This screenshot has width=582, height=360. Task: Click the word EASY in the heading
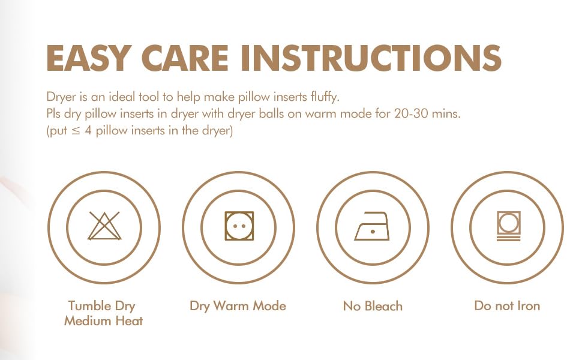[88, 58]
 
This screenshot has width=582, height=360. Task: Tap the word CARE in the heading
[185, 58]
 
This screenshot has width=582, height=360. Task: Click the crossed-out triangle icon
[104, 226]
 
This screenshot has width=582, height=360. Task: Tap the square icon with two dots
[239, 226]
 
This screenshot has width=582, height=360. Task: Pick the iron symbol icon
[372, 226]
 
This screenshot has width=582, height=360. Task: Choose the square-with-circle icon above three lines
[508, 226]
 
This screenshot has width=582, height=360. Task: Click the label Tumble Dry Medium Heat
[103, 313]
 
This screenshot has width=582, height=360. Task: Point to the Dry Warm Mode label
[238, 306]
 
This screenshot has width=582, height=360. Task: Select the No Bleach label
[373, 306]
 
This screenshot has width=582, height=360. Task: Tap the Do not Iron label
[507, 306]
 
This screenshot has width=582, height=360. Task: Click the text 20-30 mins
[427, 113]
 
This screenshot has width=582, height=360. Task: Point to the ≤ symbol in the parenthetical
[76, 131]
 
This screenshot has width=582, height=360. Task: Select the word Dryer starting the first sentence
[61, 97]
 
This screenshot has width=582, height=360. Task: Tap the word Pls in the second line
[53, 113]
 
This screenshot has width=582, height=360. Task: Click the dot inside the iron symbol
[373, 232]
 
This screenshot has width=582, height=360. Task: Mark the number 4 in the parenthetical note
[88, 131]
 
